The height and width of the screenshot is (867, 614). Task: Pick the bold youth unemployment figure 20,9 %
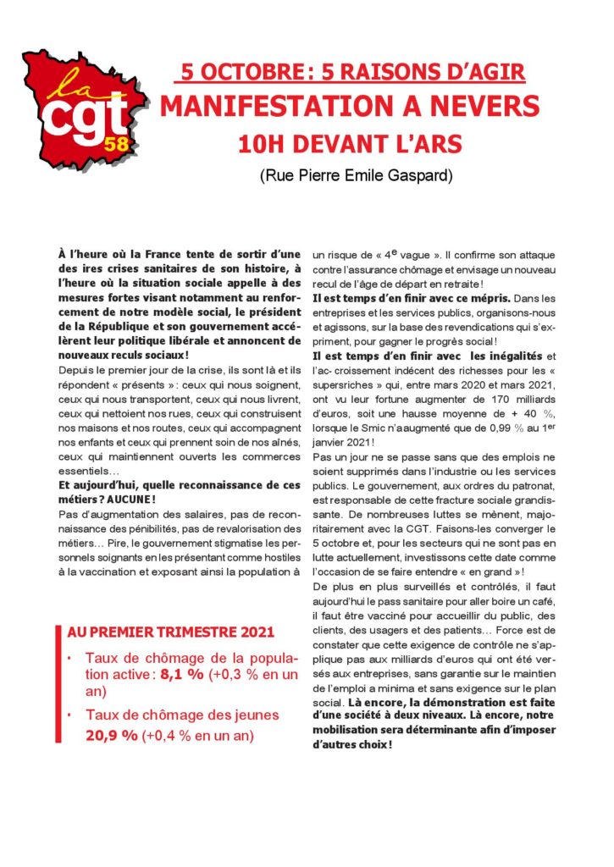click(111, 735)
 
